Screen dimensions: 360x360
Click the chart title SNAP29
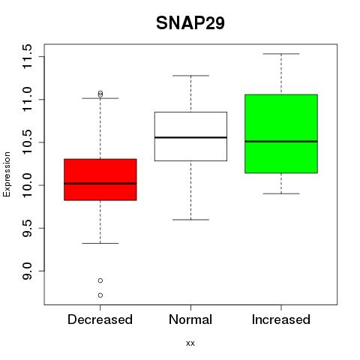tap(190, 23)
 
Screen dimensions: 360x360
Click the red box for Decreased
tap(100, 179)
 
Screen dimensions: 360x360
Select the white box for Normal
tap(190, 136)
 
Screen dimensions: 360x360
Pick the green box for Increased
tap(281, 133)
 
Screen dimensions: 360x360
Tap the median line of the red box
tap(100, 184)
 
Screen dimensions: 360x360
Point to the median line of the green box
tap(281, 142)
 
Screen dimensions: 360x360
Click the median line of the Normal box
tap(190, 137)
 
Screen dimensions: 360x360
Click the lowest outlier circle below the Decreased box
tap(100, 295)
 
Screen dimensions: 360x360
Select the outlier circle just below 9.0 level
tap(100, 280)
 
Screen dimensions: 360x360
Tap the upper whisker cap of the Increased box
tap(281, 54)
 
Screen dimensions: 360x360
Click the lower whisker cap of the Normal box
tap(190, 220)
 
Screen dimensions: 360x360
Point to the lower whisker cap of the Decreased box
tap(100, 243)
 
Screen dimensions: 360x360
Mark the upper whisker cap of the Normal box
tap(190, 76)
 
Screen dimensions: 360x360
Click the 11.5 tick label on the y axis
tap(27, 56)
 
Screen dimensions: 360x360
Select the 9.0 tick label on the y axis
tap(27, 271)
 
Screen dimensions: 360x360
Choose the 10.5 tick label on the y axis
tap(27, 142)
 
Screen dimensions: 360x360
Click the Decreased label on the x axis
tap(100, 319)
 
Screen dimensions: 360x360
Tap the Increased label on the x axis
tap(281, 319)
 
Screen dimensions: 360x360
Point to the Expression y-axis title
tap(7, 174)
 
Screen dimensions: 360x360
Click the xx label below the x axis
tap(190, 343)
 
